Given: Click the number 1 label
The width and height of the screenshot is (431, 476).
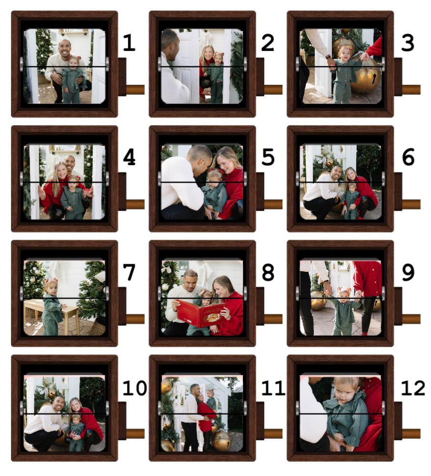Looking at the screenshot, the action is click(x=129, y=43).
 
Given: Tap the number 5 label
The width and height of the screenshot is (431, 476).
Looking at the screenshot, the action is click(x=268, y=157).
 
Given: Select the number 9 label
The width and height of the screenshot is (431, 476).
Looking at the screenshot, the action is click(x=408, y=272).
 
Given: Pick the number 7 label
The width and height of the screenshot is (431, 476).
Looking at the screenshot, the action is click(x=129, y=272).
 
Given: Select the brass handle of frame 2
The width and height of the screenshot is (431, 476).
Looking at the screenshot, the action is click(x=273, y=89).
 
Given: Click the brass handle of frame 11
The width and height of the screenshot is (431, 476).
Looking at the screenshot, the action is click(x=273, y=434).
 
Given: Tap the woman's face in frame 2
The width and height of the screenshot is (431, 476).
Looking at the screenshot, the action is click(x=208, y=53).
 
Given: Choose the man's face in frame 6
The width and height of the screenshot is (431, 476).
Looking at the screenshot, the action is click(x=335, y=174).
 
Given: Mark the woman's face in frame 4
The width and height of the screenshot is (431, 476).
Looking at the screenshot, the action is click(x=61, y=171).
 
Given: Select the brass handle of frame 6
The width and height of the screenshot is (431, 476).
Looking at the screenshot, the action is click(x=411, y=204).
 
